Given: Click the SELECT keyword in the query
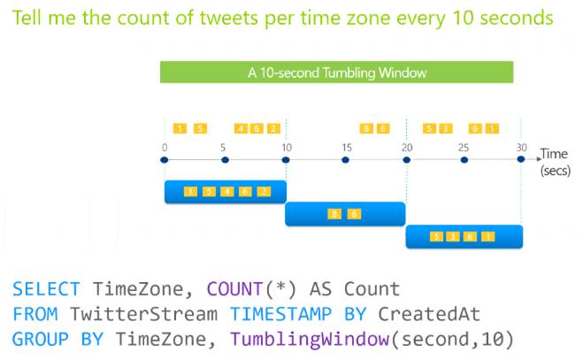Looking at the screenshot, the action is [46, 289].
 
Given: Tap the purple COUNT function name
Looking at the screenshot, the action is [234, 289].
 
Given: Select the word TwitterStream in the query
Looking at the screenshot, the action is [144, 314].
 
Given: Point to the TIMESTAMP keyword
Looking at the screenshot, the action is [280, 314].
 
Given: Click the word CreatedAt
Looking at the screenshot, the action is [429, 314].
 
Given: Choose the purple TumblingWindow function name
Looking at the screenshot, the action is [310, 339].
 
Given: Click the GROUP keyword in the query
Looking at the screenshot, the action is [41, 339].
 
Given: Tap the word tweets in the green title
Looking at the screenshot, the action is [228, 18].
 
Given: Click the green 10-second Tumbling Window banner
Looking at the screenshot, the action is [336, 73].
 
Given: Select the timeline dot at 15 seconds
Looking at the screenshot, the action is [345, 160].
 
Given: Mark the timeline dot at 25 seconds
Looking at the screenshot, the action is [464, 160].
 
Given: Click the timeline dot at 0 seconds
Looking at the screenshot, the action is [165, 160].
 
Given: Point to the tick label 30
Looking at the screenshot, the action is [521, 148].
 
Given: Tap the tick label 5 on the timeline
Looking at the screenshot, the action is [223, 148].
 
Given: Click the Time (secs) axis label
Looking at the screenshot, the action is [555, 162].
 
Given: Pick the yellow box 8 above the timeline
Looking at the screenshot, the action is [366, 128].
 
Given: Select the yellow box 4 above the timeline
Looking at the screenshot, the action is [241, 128].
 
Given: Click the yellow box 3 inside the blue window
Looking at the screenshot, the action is [452, 236].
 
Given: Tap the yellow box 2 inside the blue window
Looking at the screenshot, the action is [264, 192].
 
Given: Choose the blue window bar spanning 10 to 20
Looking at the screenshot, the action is [345, 214].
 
